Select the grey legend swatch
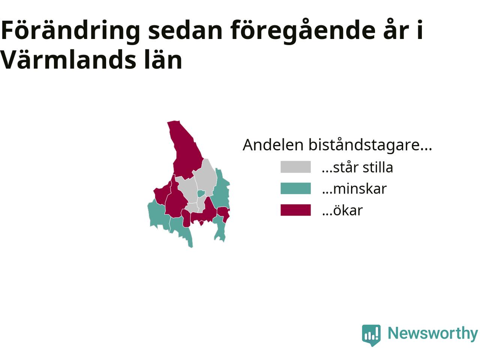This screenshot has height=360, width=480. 295,167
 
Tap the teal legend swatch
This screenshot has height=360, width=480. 295,188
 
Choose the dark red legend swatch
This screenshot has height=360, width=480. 295,210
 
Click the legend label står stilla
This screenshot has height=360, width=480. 357,167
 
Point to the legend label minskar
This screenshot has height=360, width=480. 354,189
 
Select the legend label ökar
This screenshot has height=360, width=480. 342,210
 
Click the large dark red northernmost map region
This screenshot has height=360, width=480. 186,151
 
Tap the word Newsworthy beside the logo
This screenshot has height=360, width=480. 432,334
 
